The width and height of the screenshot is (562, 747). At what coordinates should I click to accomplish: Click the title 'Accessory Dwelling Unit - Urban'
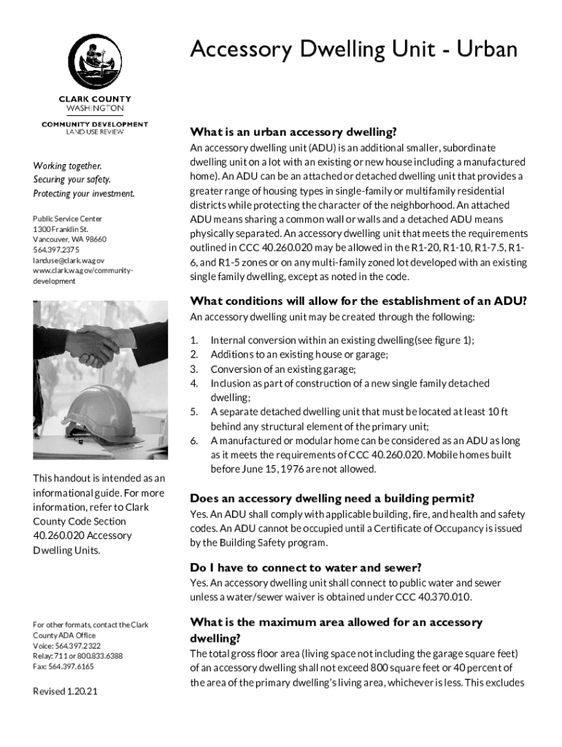coord(353,50)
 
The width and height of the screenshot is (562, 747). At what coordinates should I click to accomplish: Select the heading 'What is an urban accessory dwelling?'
coord(293,132)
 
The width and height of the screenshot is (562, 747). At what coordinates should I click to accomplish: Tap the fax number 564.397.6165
coord(63,667)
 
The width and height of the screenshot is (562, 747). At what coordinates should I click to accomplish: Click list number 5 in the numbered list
coord(194,412)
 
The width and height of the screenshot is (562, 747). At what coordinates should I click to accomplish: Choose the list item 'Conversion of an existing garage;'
coord(283,369)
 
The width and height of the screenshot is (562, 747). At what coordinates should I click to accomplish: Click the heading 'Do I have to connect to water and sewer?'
coord(306,568)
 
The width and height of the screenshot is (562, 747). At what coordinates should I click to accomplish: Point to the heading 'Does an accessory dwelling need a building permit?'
coord(332,499)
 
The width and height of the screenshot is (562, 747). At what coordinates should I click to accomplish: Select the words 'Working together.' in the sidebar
coord(67,166)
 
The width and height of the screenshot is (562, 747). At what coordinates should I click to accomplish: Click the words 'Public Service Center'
coord(68,219)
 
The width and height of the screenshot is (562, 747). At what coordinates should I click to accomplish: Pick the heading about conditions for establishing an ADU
coord(358,301)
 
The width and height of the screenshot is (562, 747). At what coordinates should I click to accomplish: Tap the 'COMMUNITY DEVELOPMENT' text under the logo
coord(95,125)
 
